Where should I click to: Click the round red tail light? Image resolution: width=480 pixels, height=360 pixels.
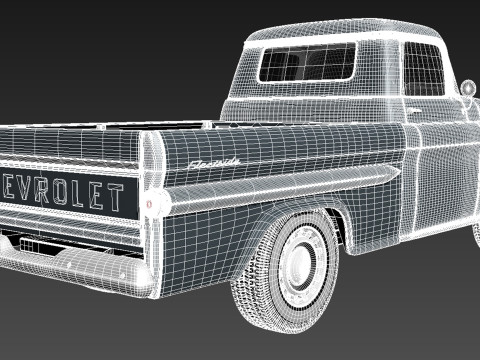[151, 203]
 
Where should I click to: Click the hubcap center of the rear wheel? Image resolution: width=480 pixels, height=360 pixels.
[300, 262]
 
